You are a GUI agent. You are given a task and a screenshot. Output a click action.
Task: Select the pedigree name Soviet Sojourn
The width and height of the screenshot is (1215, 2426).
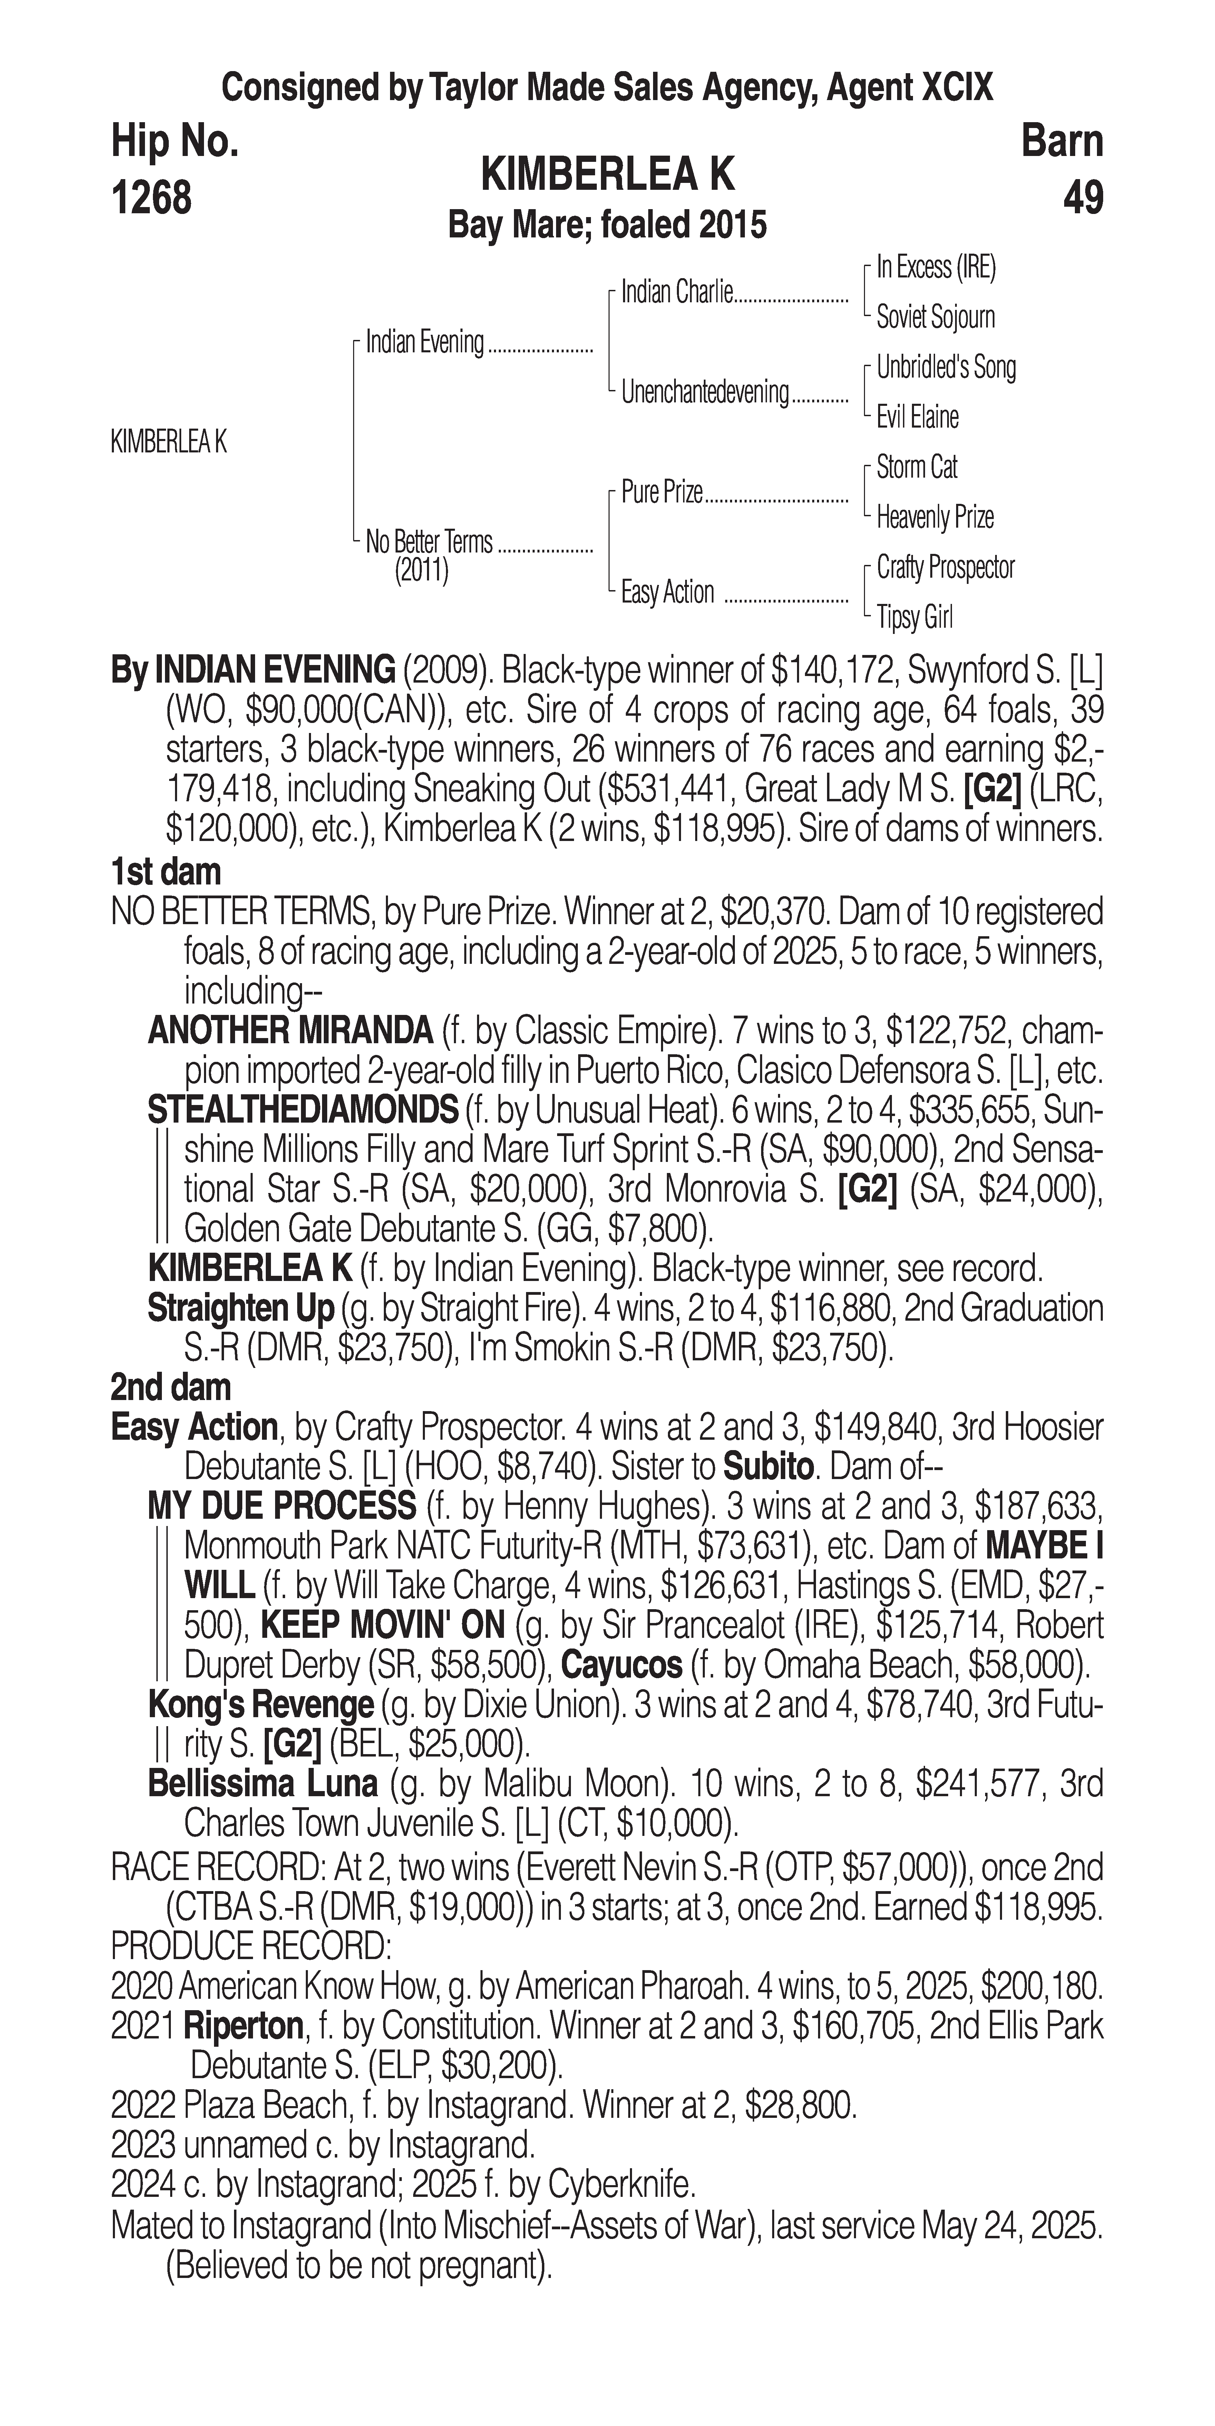click(935, 317)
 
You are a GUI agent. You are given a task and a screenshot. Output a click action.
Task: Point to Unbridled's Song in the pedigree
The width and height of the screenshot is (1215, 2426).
click(946, 367)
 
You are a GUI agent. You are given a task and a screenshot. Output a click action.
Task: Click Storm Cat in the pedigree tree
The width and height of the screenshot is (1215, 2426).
click(916, 467)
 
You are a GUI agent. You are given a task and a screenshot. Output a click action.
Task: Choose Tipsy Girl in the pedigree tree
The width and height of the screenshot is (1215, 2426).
click(915, 618)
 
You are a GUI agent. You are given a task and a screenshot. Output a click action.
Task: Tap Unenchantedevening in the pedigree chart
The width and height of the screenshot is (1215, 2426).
click(704, 392)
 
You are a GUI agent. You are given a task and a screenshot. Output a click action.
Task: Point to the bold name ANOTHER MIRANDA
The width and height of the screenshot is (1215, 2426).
click(290, 1031)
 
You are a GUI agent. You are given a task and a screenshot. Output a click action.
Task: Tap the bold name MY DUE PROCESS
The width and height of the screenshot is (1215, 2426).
click(282, 1506)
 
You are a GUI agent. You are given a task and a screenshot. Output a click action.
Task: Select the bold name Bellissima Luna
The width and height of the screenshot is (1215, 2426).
click(263, 1784)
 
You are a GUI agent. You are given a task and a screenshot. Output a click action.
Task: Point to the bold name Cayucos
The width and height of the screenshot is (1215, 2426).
click(622, 1665)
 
